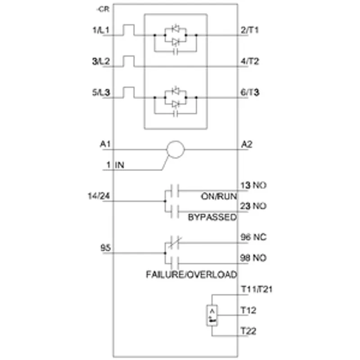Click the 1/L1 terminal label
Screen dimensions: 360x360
(101, 30)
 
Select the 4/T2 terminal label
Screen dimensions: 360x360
(250, 61)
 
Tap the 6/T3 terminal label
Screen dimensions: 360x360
(250, 93)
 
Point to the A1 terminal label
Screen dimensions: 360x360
(105, 144)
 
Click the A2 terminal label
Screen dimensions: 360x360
(247, 144)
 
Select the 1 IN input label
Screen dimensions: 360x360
(115, 165)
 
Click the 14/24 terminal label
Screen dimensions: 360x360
(99, 196)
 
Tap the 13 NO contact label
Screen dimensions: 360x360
(253, 185)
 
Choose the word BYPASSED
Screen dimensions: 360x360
(212, 217)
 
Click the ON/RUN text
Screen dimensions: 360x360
(219, 197)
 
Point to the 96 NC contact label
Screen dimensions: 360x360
(253, 237)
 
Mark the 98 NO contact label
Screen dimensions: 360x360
(253, 258)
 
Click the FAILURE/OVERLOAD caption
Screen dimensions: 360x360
(192, 274)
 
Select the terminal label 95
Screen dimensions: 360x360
(106, 248)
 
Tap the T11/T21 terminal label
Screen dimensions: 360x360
(256, 289)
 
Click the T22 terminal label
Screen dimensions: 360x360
(248, 331)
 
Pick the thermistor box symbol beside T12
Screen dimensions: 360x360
(212, 306)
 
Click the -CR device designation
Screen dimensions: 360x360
(103, 9)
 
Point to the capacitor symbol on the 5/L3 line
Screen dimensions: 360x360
(175, 114)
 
